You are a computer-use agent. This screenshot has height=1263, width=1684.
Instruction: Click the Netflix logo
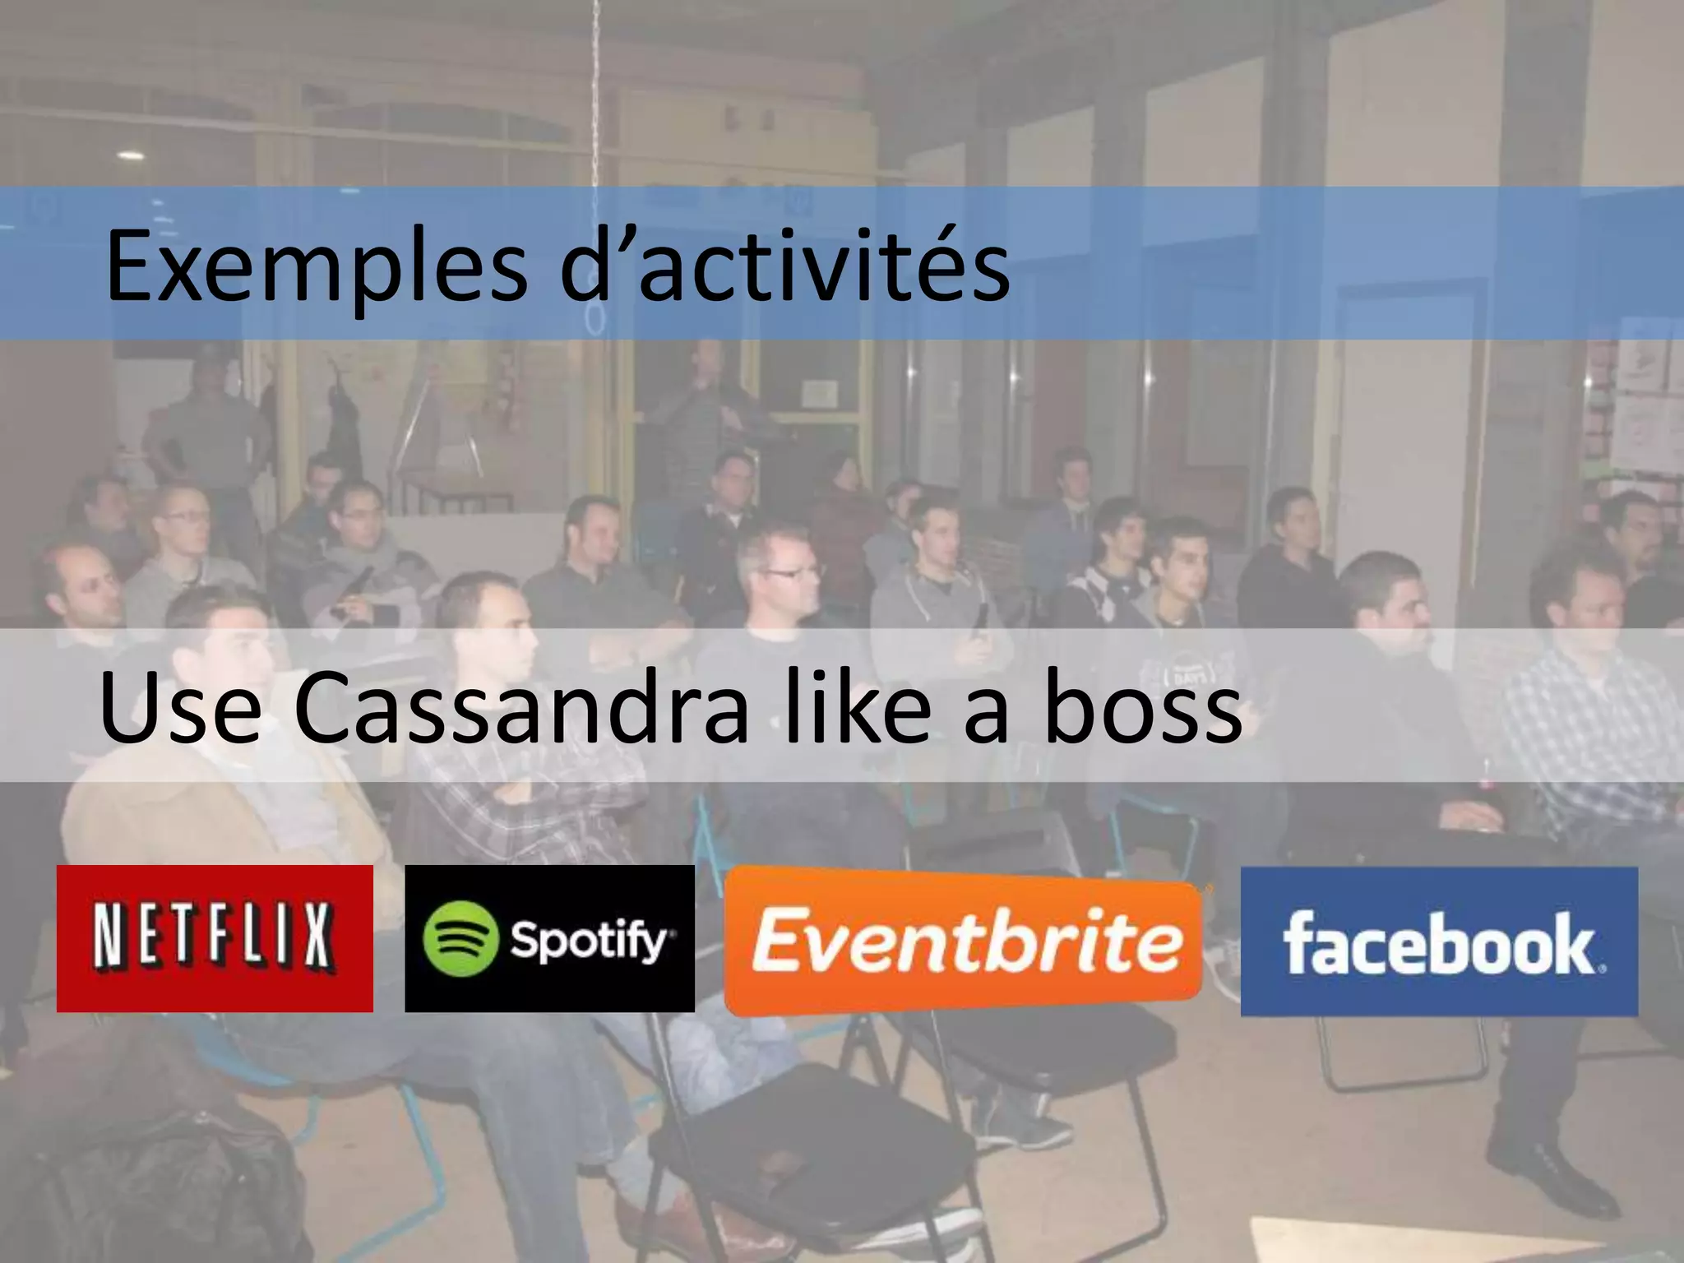(x=214, y=938)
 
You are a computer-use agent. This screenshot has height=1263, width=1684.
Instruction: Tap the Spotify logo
(x=549, y=938)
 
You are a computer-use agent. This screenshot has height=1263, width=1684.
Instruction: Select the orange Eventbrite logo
(x=964, y=940)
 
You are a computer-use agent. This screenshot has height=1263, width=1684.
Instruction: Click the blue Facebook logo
(x=1439, y=941)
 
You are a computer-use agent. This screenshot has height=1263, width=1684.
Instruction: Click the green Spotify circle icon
(x=460, y=939)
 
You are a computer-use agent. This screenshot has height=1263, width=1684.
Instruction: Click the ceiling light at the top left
(x=130, y=155)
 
